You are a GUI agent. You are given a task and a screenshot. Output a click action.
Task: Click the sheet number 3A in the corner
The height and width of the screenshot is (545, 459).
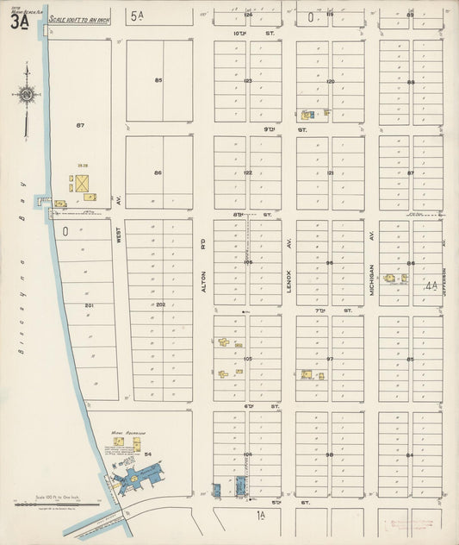20,22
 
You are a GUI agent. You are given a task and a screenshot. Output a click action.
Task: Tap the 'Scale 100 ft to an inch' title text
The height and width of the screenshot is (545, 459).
79,19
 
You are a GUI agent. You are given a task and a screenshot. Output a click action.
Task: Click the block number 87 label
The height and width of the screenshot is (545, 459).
79,126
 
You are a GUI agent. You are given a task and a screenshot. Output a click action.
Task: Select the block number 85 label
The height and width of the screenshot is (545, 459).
158,80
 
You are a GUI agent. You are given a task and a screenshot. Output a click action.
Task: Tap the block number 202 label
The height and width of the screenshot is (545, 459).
160,304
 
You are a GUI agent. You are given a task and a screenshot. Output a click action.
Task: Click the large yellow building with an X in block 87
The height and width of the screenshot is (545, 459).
83,184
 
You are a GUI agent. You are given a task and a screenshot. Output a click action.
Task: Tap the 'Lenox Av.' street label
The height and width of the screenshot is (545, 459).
289,281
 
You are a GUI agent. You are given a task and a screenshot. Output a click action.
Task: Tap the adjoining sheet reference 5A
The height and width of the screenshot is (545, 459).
138,16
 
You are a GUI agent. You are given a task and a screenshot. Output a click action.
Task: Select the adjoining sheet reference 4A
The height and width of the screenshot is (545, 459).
431,284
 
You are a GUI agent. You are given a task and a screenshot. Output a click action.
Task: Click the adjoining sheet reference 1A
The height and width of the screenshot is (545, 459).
261,515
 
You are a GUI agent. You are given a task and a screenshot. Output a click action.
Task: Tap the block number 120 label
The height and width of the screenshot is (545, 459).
330,80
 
